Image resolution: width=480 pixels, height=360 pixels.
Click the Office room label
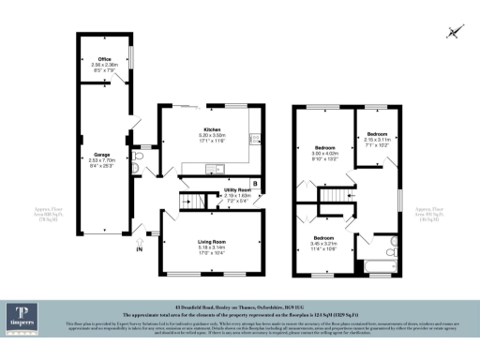pyautogui.click(x=104, y=63)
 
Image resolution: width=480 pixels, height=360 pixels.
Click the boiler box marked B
pyautogui.click(x=255, y=182)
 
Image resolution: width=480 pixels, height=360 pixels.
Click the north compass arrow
pyautogui.click(x=454, y=33)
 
